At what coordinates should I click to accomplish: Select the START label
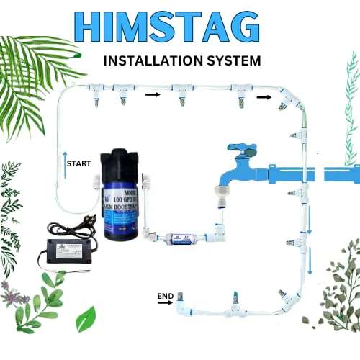click(x=78, y=163)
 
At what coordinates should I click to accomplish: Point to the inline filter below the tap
click(x=174, y=235)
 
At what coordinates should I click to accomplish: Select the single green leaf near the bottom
click(x=86, y=318)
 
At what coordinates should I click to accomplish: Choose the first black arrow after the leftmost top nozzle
click(x=152, y=94)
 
